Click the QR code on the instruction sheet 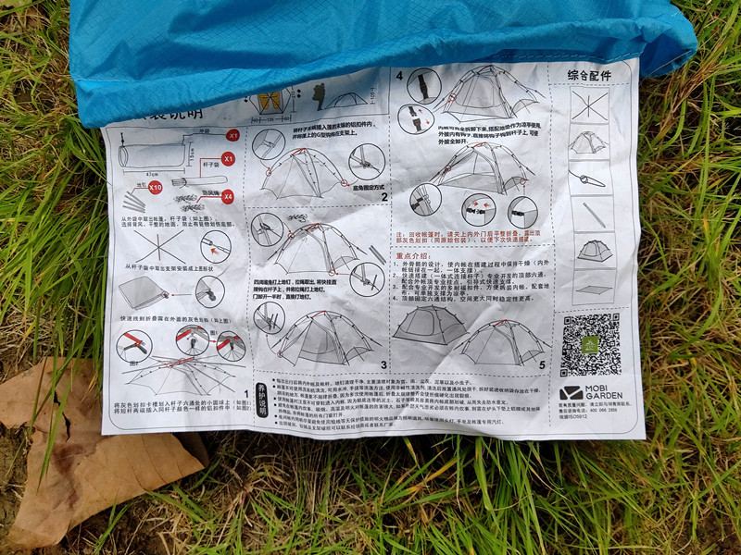[x=590, y=343]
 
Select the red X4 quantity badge [x=228, y=196]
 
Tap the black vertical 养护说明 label [x=262, y=399]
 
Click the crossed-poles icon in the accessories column [x=589, y=105]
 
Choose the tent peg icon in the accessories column [x=589, y=178]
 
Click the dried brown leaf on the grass [x=83, y=435]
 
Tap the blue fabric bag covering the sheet [x=370, y=37]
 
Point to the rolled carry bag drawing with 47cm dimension [x=153, y=152]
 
